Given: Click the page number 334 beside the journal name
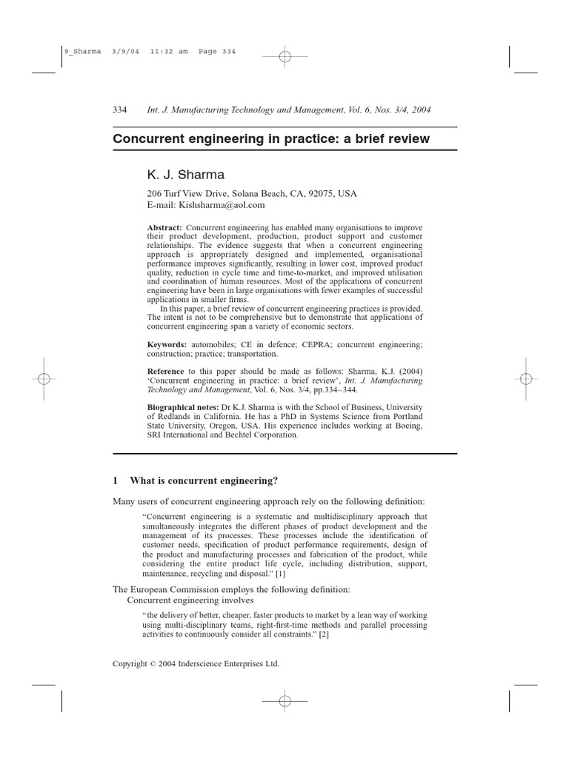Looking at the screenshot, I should pyautogui.click(x=119, y=110).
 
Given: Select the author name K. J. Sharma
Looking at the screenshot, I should pyautogui.click(x=184, y=175).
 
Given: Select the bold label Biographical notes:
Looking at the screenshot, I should pyautogui.click(x=182, y=407).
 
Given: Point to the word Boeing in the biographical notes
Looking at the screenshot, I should pyautogui.click(x=405, y=426).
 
